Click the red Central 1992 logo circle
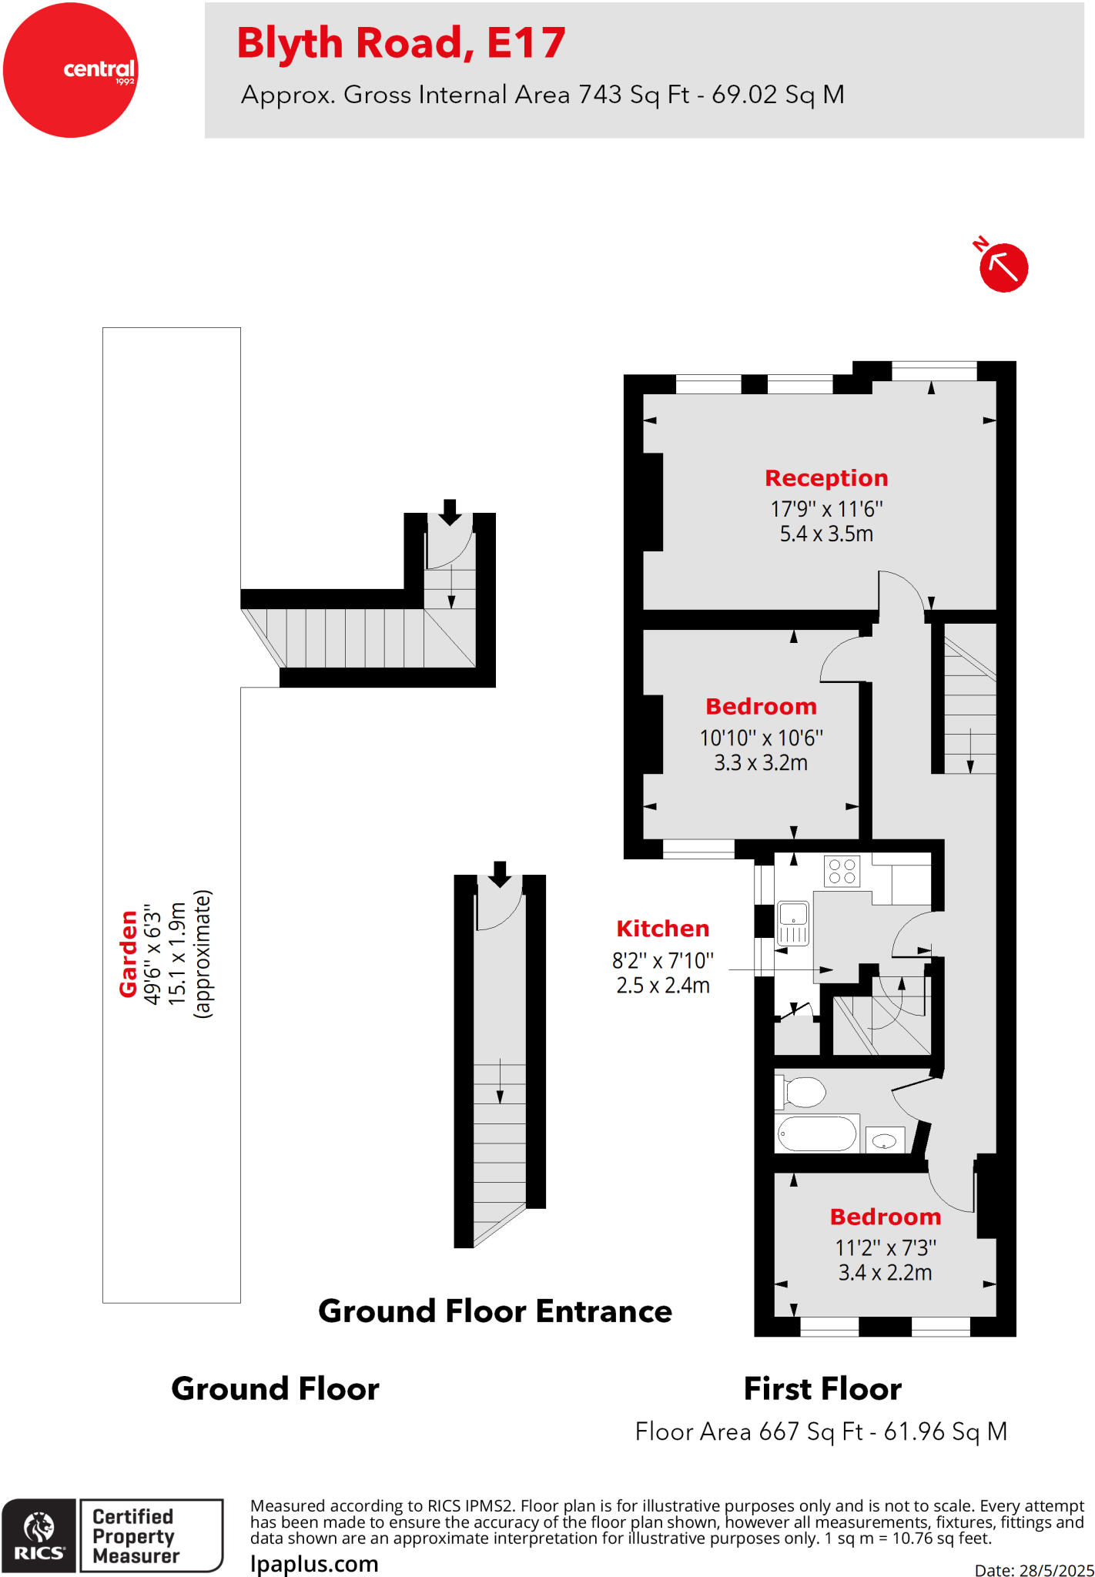coord(70,70)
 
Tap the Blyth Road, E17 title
coord(400,42)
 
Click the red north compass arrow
coord(1003,267)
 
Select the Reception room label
coord(826,478)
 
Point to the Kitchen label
coord(662,929)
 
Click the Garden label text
coord(128,954)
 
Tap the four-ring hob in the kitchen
coord(842,872)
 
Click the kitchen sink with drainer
coord(793,923)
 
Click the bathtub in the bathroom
coord(817,1133)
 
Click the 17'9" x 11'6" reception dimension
coord(826,509)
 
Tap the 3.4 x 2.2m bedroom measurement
coord(885,1273)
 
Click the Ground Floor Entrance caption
coord(495,1311)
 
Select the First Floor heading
coord(822,1389)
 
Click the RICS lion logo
coord(39,1535)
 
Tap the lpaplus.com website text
coord(314,1564)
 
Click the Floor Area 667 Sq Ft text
coord(821,1431)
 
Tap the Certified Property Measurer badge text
coord(136,1535)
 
